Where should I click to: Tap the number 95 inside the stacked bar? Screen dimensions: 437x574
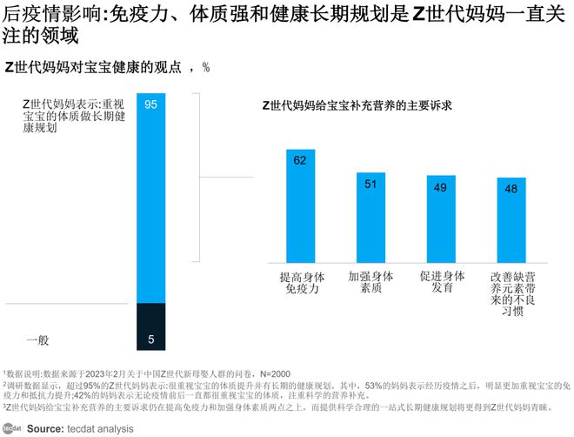coord(150,105)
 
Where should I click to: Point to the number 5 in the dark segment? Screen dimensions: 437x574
coord(150,340)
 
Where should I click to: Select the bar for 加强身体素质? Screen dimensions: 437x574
coord(370,217)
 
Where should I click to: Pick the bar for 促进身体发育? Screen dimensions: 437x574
coord(441,218)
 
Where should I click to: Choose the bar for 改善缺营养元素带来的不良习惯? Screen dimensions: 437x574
coord(511,219)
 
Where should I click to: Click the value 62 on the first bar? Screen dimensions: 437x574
coord(300,160)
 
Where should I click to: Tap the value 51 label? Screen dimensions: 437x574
coord(370,183)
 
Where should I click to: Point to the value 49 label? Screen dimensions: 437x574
coord(441,187)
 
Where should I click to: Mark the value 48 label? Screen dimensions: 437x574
coord(511,189)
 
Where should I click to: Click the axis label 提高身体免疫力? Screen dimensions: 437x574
coord(301,282)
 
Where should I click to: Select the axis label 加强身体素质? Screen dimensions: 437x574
coord(370,282)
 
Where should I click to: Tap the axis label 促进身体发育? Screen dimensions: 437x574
coord(441,282)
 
